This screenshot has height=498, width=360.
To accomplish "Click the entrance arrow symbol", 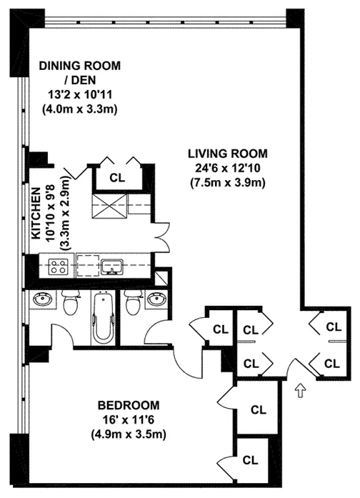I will pos(300,391).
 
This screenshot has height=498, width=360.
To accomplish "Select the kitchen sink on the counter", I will pos(111,267).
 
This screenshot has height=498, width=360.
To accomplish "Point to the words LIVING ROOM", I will pos(227,153).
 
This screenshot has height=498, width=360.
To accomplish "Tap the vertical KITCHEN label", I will pos(34,214).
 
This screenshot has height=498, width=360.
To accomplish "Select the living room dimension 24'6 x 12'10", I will pos(227,168).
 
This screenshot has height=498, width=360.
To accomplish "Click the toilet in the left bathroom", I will pos(70,304).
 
